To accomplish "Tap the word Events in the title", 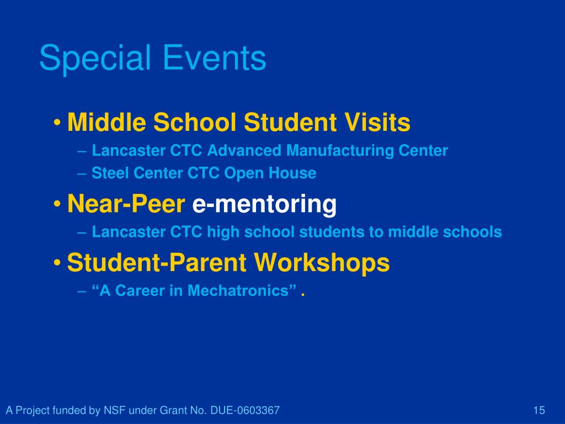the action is click(215, 57).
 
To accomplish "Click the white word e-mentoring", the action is click(264, 204).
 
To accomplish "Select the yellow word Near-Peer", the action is click(126, 204).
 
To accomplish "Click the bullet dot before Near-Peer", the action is click(57, 204).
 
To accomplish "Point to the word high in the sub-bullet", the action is click(223, 232).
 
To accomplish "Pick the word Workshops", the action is click(322, 262).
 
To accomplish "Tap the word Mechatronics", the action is click(238, 290).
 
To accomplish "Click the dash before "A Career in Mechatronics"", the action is click(82, 291).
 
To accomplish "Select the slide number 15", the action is click(539, 410).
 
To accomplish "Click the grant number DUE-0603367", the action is click(245, 410).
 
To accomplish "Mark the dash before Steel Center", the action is click(82, 174).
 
